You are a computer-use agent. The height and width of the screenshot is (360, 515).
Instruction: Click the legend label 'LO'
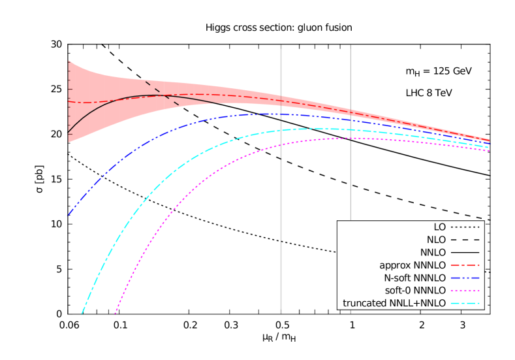click(439, 227)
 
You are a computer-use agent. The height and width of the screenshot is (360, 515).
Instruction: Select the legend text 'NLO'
click(436, 240)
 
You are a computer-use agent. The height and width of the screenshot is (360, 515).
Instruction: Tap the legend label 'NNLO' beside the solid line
click(433, 252)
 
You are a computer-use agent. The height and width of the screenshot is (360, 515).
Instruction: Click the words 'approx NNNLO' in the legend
click(413, 265)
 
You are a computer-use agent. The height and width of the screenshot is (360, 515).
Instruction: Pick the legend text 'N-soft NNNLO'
click(413, 278)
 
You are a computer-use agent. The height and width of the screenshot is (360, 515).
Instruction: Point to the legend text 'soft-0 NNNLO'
click(414, 291)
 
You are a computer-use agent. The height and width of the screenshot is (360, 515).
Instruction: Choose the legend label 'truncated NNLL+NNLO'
click(394, 303)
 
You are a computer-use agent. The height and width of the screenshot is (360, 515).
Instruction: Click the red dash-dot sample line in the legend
click(465, 265)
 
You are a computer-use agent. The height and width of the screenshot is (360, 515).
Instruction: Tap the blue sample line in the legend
click(465, 278)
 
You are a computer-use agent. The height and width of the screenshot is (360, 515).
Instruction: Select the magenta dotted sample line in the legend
click(465, 291)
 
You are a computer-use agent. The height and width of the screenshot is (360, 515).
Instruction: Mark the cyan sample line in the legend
click(465, 303)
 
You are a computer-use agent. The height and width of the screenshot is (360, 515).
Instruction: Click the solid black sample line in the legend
click(465, 252)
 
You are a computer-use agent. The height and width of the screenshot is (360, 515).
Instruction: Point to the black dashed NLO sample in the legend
click(465, 240)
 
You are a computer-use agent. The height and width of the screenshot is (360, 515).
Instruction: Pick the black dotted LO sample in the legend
click(465, 227)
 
